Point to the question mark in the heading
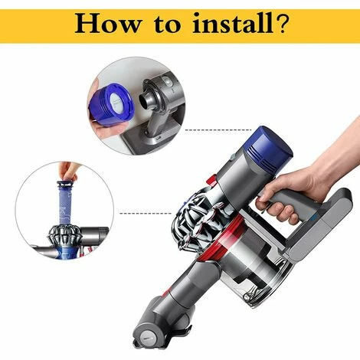point(280,25)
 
